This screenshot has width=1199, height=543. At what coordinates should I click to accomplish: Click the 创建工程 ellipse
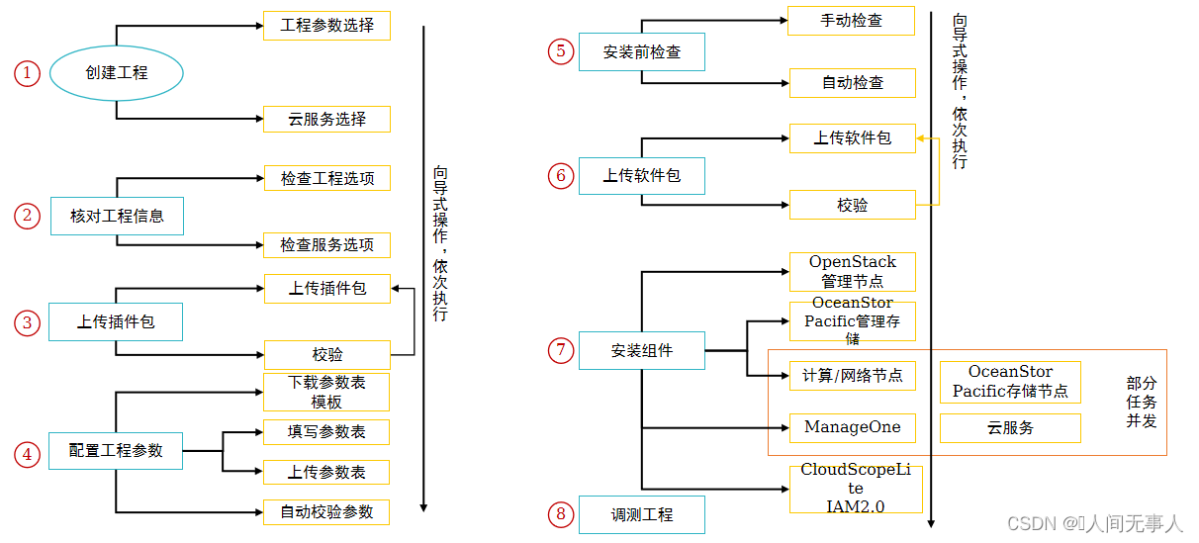click(117, 72)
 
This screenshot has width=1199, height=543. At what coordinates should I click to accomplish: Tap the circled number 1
click(27, 72)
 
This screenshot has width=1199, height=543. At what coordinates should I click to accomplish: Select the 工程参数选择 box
click(326, 26)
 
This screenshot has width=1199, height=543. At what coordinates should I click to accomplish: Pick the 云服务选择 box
click(326, 120)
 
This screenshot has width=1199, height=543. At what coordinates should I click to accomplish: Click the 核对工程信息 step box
click(117, 216)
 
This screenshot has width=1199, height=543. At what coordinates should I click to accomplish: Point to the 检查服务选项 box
click(326, 245)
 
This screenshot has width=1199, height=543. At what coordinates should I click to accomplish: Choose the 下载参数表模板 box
click(326, 393)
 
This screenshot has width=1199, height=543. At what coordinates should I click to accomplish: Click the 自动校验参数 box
click(326, 511)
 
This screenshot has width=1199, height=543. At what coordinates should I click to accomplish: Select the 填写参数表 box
click(326, 432)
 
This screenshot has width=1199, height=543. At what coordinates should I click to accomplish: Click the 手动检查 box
click(851, 21)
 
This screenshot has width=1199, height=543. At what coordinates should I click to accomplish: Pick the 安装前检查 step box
click(641, 51)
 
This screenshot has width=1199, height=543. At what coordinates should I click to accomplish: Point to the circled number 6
click(561, 176)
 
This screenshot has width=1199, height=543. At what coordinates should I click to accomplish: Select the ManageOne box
click(852, 427)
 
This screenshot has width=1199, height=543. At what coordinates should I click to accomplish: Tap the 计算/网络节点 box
click(852, 376)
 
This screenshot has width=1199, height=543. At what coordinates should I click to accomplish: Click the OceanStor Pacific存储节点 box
click(1009, 382)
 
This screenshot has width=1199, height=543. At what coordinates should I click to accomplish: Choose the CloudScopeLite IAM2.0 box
click(855, 489)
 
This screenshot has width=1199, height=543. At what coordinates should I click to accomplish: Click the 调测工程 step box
click(641, 515)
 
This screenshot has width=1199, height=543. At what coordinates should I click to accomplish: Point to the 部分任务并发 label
click(1141, 402)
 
